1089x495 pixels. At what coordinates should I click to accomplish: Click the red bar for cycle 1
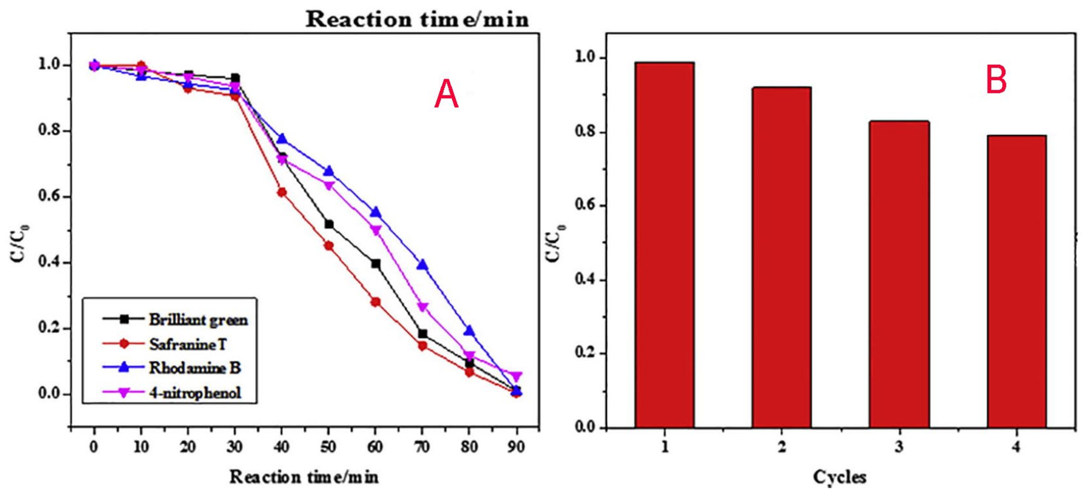click(x=664, y=245)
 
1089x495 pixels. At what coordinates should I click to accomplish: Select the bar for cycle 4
click(x=1016, y=281)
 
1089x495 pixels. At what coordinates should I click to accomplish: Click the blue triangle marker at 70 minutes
click(x=422, y=265)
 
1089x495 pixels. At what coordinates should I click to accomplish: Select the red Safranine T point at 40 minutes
click(x=282, y=192)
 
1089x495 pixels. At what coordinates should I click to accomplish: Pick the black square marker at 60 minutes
click(x=375, y=264)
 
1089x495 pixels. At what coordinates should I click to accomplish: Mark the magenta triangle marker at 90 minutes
click(x=515, y=376)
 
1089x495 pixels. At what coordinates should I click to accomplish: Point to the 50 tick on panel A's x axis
click(x=328, y=447)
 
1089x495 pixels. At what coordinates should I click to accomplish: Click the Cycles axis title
click(x=839, y=477)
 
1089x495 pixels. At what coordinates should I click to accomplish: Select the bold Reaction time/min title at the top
click(x=417, y=20)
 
